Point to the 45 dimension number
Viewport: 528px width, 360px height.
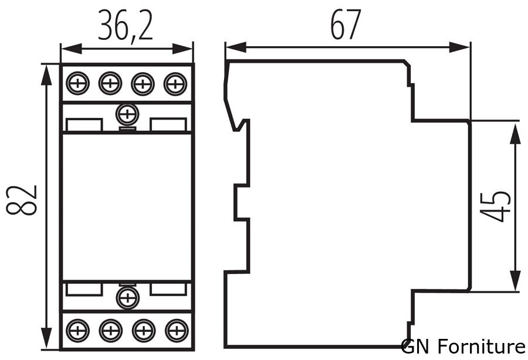coord(495,205)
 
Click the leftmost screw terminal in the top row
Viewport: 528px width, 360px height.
coord(77,84)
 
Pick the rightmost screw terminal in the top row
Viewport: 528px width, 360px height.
coord(174,84)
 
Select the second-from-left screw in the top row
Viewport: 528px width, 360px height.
coord(109,84)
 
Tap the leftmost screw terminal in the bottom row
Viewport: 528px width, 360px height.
coord(77,331)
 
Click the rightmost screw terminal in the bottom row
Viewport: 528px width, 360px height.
coord(174,331)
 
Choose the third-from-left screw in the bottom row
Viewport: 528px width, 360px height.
coord(141,331)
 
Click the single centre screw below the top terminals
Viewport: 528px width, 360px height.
coord(126,113)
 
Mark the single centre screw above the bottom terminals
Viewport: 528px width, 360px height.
coord(126,298)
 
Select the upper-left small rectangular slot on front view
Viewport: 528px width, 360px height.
coord(84,125)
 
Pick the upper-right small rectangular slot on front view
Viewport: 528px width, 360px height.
coord(169,125)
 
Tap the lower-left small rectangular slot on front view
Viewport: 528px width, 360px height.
coord(84,288)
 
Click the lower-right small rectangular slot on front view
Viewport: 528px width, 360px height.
coord(169,288)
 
